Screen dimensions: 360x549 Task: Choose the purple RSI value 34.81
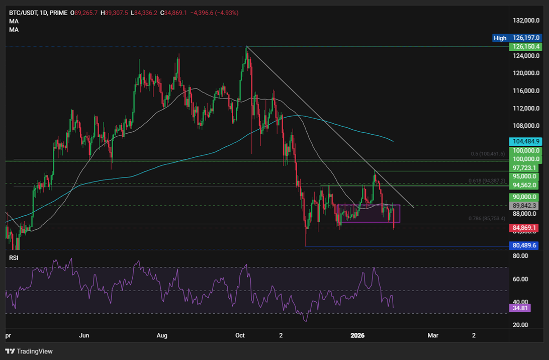pos(519,308)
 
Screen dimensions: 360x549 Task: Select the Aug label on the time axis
pos(162,334)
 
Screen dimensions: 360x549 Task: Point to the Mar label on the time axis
pos(432,334)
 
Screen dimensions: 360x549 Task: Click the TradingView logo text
pos(35,351)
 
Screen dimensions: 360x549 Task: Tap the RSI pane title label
pos(14,257)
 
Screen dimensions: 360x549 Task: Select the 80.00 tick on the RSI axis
pos(519,256)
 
